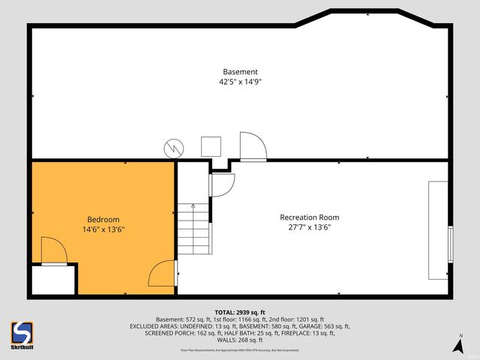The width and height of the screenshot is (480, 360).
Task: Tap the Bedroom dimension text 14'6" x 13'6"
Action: point(103,229)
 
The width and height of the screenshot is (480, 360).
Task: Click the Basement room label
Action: point(240,72)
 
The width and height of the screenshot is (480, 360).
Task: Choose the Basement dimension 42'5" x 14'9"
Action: point(240,82)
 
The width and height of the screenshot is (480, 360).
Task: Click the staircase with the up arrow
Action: point(192,229)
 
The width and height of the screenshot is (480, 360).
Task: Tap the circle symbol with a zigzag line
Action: point(175,147)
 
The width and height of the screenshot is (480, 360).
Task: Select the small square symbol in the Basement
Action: point(211,145)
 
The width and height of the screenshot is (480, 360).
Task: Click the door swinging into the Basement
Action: point(252,146)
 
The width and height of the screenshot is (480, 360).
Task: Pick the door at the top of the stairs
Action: point(223,184)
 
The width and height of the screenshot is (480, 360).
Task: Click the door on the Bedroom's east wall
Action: point(163,274)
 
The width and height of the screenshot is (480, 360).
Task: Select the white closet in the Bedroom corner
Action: point(52,280)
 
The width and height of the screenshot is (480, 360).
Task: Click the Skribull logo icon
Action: point(22,333)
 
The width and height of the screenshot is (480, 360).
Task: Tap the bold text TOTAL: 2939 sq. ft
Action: point(240,311)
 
